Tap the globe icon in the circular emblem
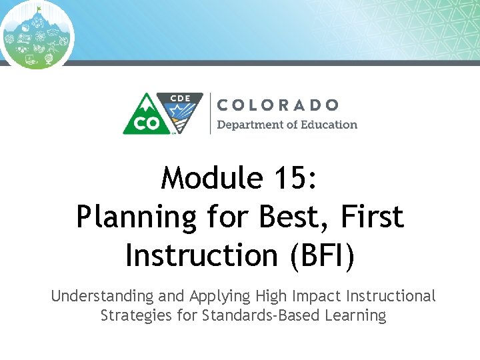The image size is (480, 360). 47,60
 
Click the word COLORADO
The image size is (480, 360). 278,105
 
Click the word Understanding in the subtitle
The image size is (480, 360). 101,296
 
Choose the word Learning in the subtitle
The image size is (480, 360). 356,315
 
